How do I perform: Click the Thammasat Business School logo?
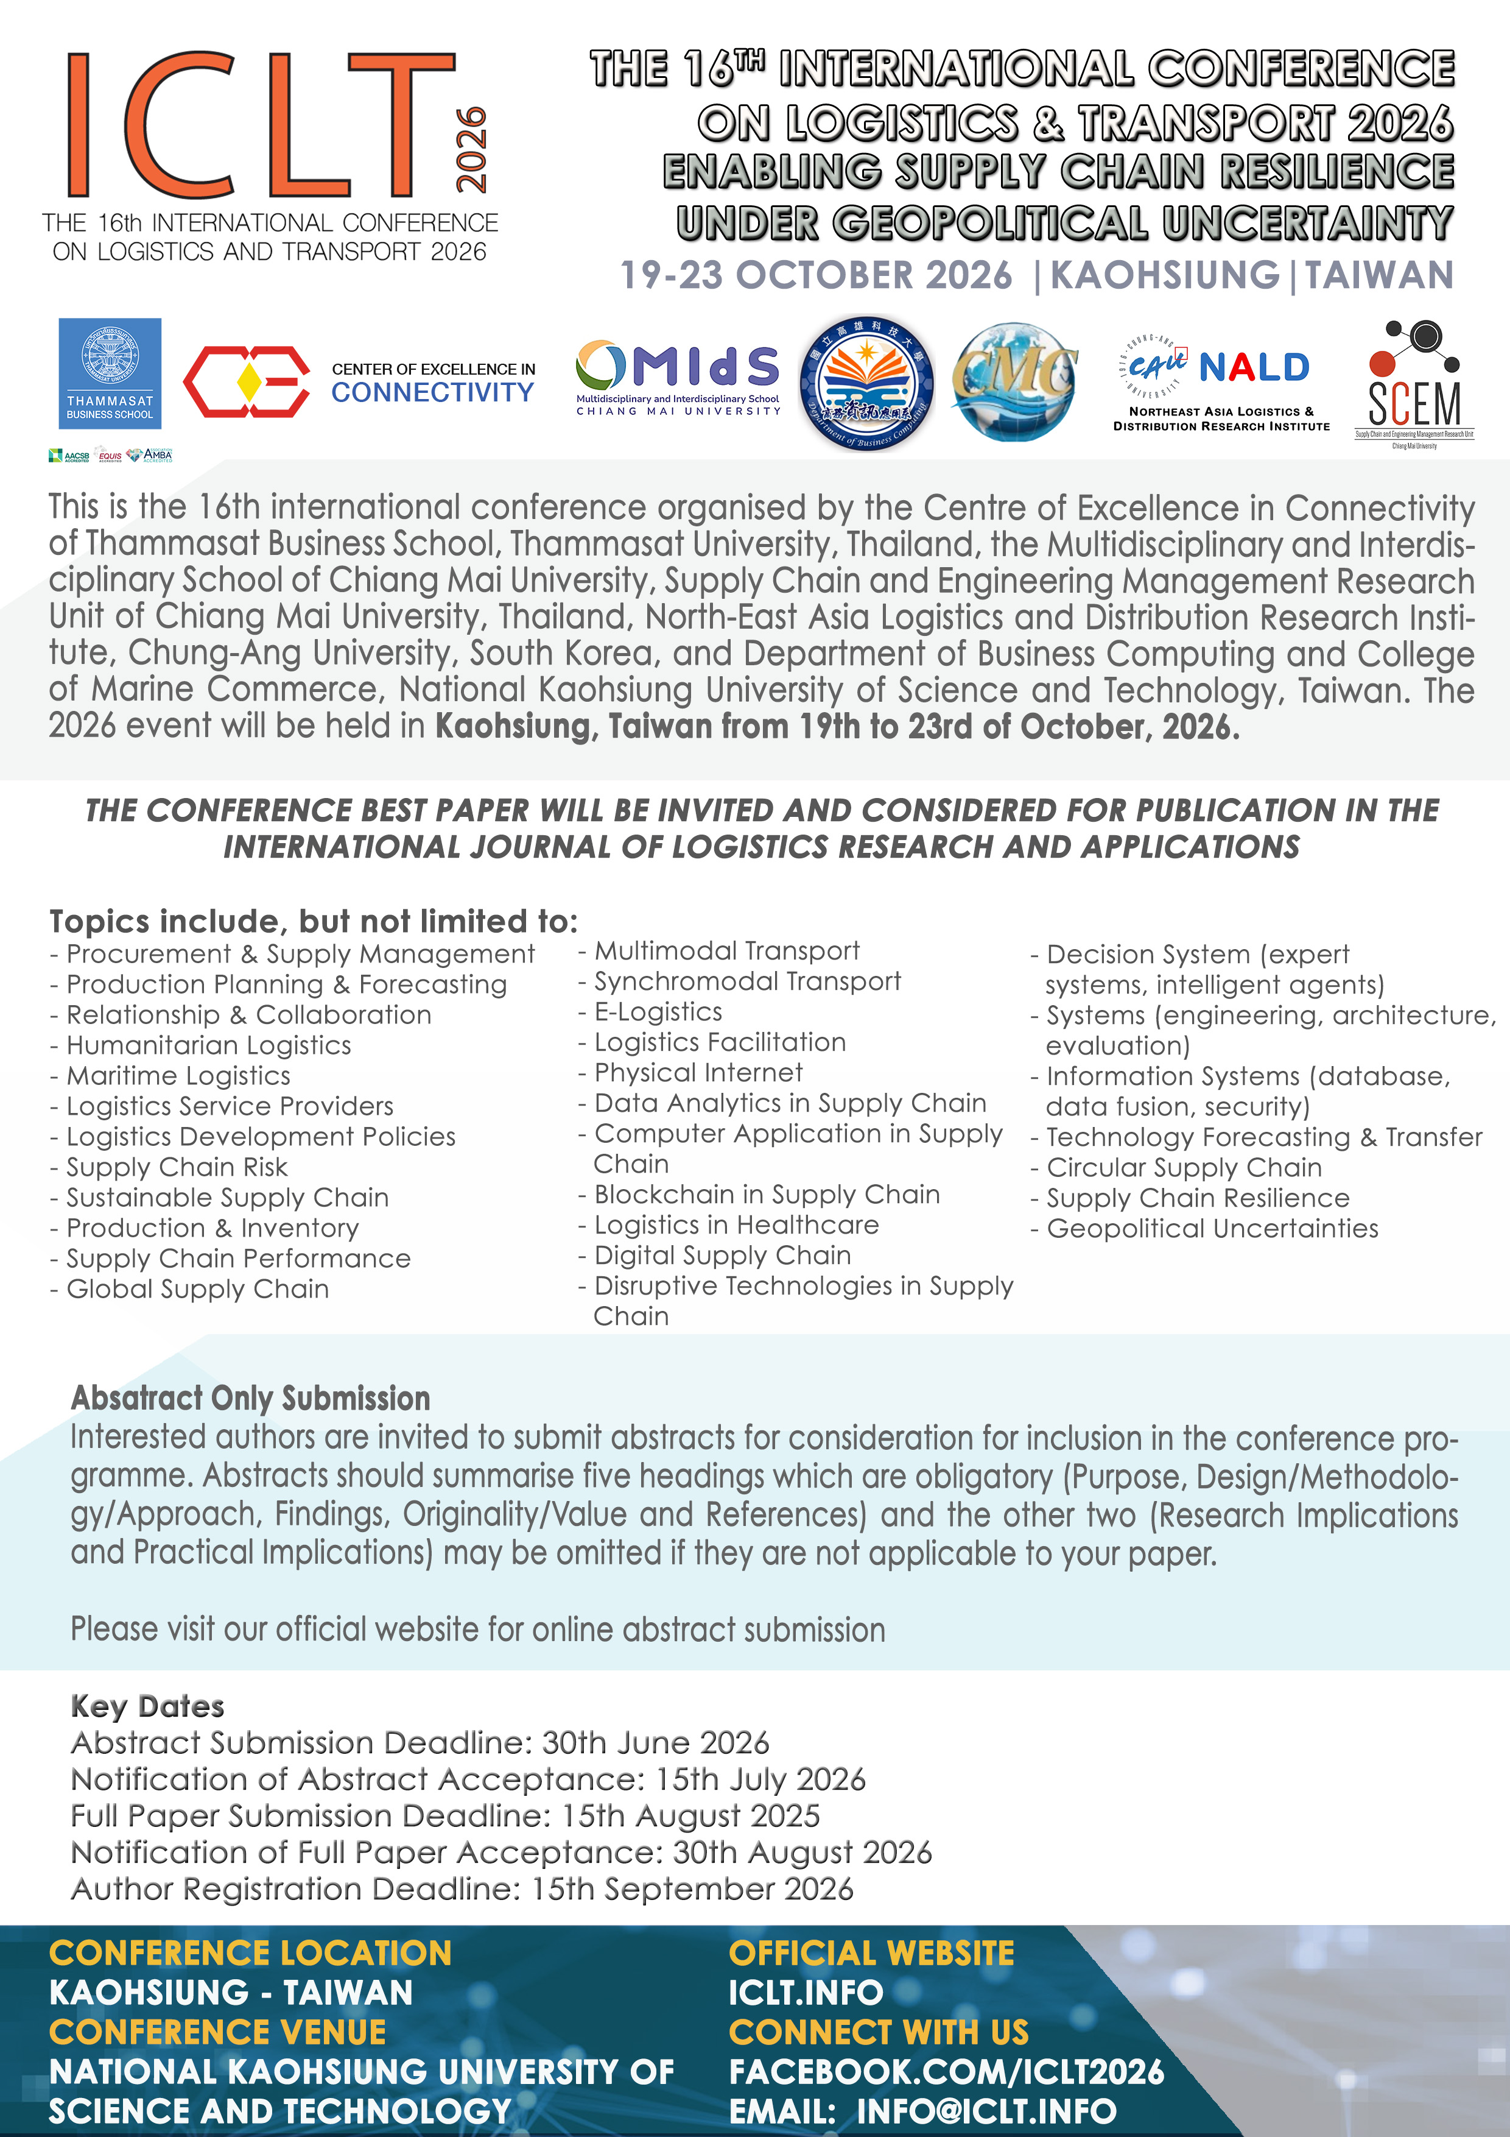tap(110, 372)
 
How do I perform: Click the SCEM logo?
tap(1413, 383)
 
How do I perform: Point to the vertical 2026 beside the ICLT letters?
tap(471, 149)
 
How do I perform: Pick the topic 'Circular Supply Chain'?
tap(1184, 1167)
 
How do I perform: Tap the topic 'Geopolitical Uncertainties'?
tap(1212, 1229)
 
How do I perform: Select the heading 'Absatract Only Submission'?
tap(250, 1398)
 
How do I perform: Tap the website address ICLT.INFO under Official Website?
tap(806, 1993)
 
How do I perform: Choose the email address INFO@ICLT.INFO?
tap(986, 2111)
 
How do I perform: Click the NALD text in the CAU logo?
tap(1254, 368)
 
